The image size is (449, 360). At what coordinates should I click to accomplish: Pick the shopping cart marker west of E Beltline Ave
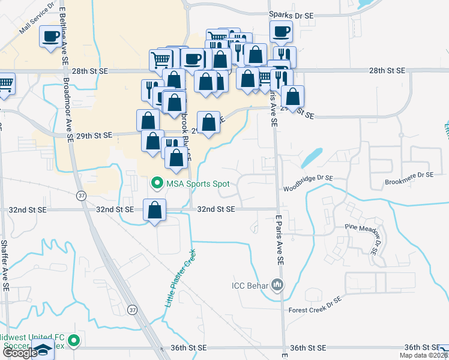pos(5,83)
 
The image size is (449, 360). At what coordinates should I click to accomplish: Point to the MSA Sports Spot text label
pos(197,183)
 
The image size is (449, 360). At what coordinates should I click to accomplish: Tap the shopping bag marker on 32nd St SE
pos(155,210)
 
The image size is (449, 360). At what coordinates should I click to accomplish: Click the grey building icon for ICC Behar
pos(277,284)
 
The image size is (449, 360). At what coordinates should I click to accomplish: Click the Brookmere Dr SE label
pos(409,175)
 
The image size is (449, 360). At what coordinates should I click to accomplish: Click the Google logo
pos(20,352)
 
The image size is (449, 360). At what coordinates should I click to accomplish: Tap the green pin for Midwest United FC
pos(74,341)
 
